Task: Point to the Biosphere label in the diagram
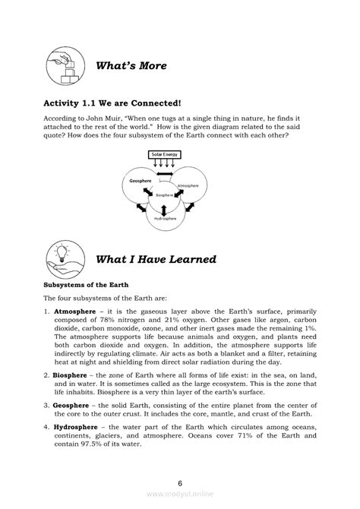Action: tap(165, 195)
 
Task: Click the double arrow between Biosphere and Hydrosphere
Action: tap(165, 206)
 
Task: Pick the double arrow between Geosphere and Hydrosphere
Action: tap(140, 209)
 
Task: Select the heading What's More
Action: tap(131, 67)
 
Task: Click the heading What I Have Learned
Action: tap(156, 260)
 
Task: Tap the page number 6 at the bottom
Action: tap(179, 483)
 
